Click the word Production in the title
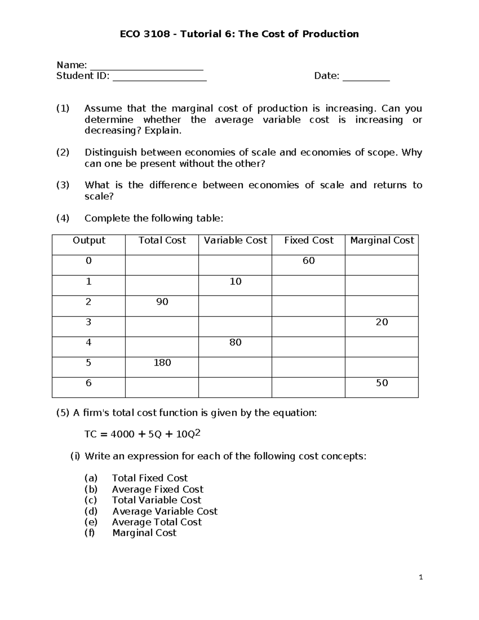coord(330,34)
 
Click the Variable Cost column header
coord(235,240)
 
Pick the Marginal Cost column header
coord(382,240)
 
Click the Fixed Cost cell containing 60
coord(309,261)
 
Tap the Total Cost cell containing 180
coord(162,362)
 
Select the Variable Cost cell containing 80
coord(235,342)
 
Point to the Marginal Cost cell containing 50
coord(382,383)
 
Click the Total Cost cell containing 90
coord(162,302)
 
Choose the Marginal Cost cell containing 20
coord(382,322)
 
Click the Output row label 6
coord(89,383)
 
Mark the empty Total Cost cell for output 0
coord(162,265)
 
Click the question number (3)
coord(63,185)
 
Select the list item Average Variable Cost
coord(164,511)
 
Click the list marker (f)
coord(89,533)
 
